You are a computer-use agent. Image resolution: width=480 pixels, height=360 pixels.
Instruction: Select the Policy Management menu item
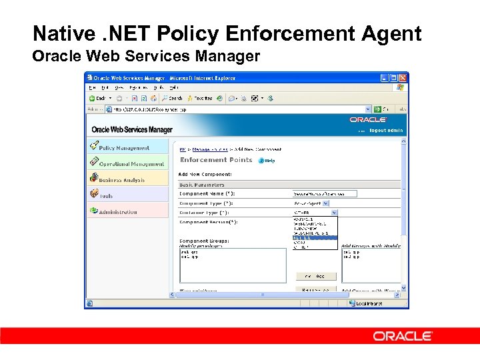coord(124,147)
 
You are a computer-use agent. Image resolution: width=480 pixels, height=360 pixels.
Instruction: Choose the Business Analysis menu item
coord(121,179)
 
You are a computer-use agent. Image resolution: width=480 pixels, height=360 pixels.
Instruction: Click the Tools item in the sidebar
coord(106,195)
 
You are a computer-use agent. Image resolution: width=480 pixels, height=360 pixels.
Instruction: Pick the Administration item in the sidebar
coord(117,211)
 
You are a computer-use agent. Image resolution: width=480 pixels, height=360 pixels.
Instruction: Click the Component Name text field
coord(325,193)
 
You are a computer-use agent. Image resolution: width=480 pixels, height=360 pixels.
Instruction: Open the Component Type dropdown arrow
coord(334,203)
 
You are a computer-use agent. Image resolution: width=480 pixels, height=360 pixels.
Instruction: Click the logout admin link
coord(387,131)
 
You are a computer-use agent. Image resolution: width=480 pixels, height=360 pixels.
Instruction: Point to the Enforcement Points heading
coord(216,160)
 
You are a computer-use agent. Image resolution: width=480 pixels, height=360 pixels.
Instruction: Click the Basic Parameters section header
coord(202,185)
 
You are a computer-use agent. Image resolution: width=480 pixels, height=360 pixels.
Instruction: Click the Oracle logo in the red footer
coord(403,336)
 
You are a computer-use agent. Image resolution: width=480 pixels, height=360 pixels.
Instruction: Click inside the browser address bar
coord(233,109)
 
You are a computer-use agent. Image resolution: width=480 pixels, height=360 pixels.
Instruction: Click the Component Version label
coord(209,221)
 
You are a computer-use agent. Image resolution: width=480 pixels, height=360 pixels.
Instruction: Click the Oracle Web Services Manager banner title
coord(132,129)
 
